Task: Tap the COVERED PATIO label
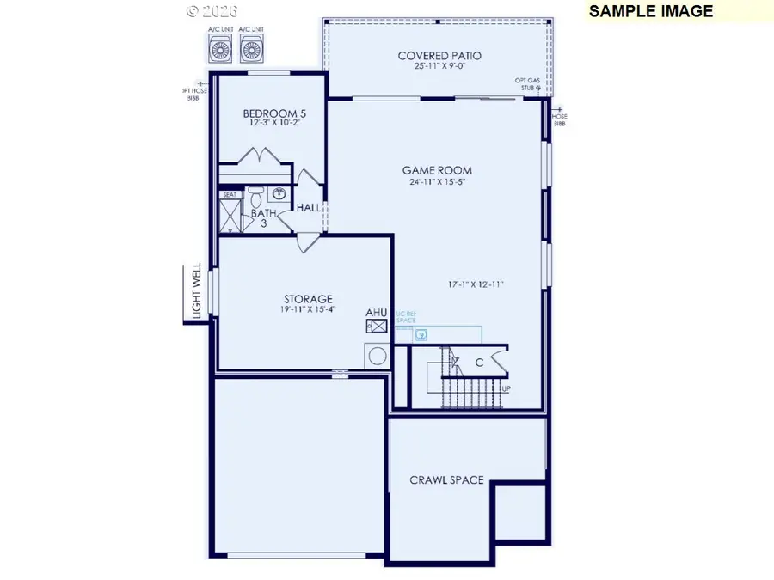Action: (439, 56)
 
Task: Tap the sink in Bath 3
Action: (279, 194)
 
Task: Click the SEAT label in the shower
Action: (229, 195)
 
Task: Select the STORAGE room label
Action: (305, 299)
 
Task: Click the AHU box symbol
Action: (377, 327)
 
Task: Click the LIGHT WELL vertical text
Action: (196, 292)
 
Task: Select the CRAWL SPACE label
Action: (446, 479)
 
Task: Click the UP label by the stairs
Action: (507, 388)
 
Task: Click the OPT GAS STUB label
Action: (527, 83)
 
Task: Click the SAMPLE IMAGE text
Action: (651, 11)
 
